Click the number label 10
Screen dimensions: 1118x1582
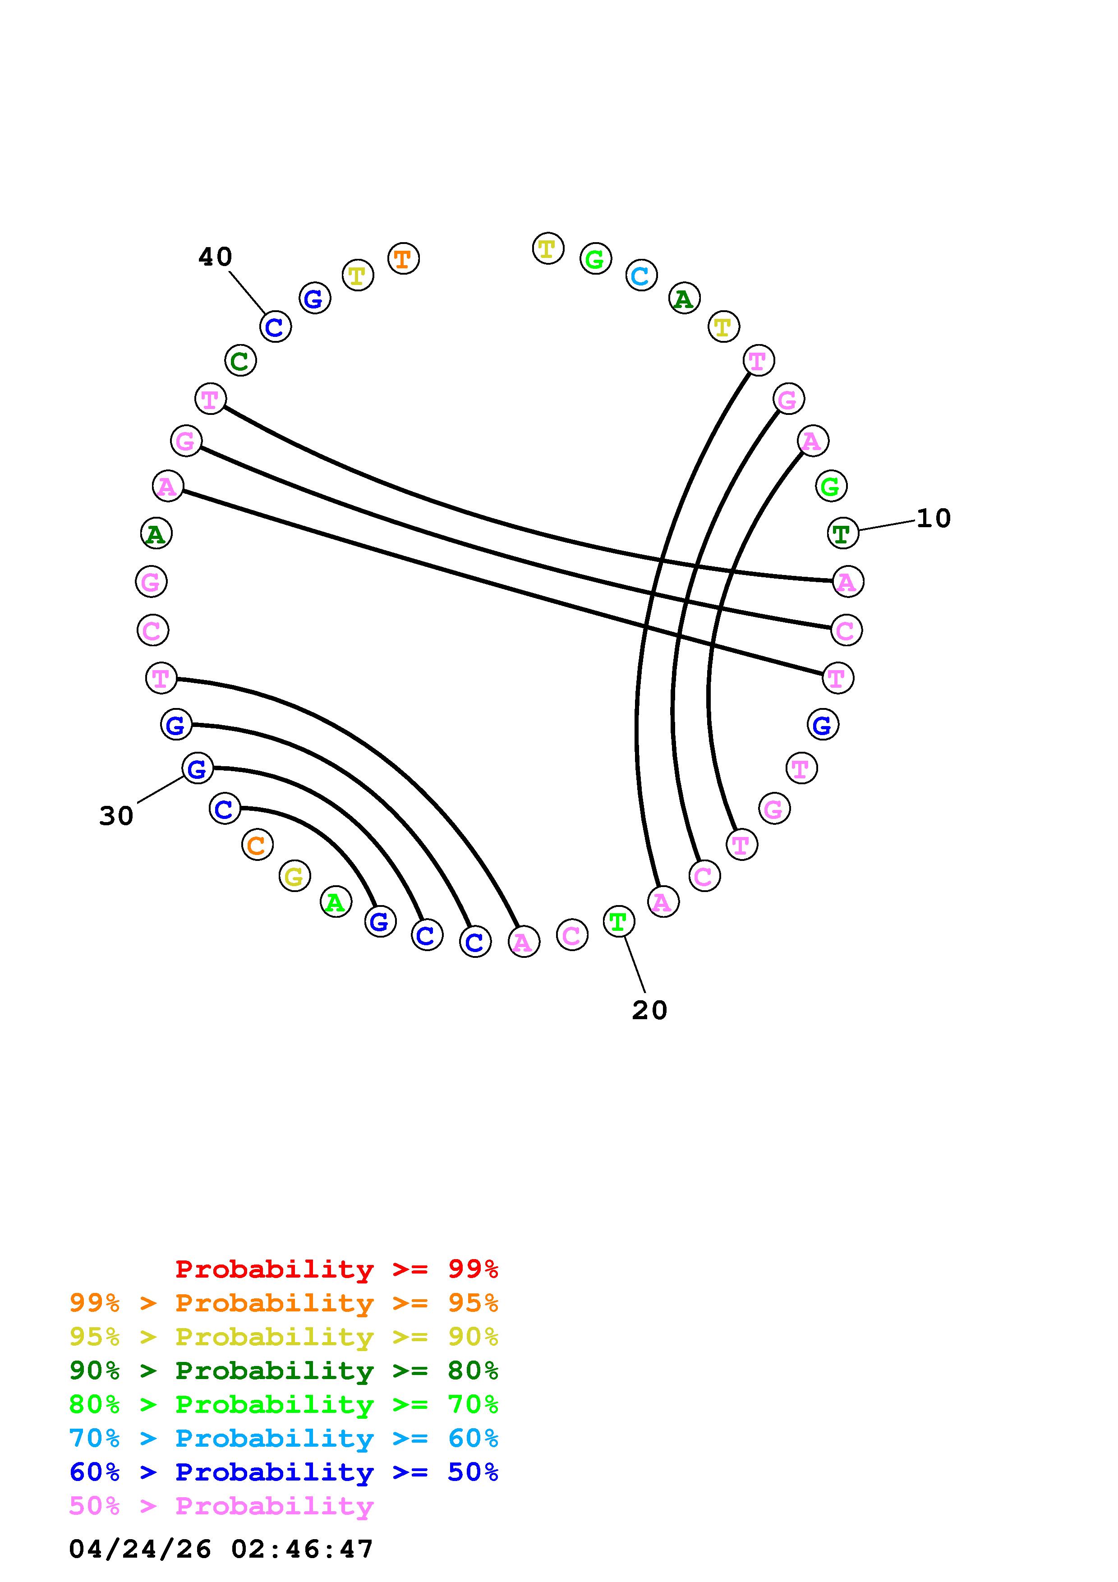[934, 518]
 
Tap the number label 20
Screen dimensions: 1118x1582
[649, 1010]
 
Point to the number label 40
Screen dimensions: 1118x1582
[215, 257]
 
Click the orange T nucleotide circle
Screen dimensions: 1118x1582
[403, 259]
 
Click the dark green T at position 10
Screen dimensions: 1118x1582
[842, 533]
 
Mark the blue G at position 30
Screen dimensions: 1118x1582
[197, 768]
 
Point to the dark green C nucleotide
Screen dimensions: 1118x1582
[240, 360]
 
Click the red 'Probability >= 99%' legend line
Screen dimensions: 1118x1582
[337, 1269]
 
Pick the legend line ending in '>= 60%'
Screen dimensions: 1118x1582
[283, 1439]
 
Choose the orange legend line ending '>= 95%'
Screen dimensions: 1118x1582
[283, 1304]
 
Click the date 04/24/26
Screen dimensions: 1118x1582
[140, 1549]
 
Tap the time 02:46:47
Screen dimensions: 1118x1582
[302, 1549]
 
